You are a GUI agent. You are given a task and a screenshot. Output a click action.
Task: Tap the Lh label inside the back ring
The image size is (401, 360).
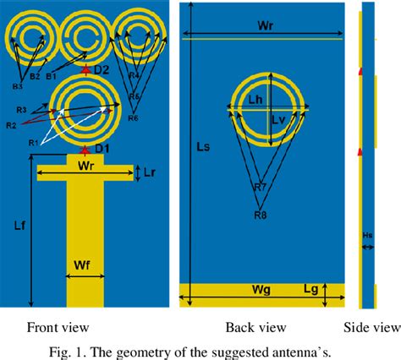point(258,101)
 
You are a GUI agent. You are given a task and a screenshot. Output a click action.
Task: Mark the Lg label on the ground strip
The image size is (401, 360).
point(313,290)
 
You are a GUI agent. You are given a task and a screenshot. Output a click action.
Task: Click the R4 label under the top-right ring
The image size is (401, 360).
point(133,75)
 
